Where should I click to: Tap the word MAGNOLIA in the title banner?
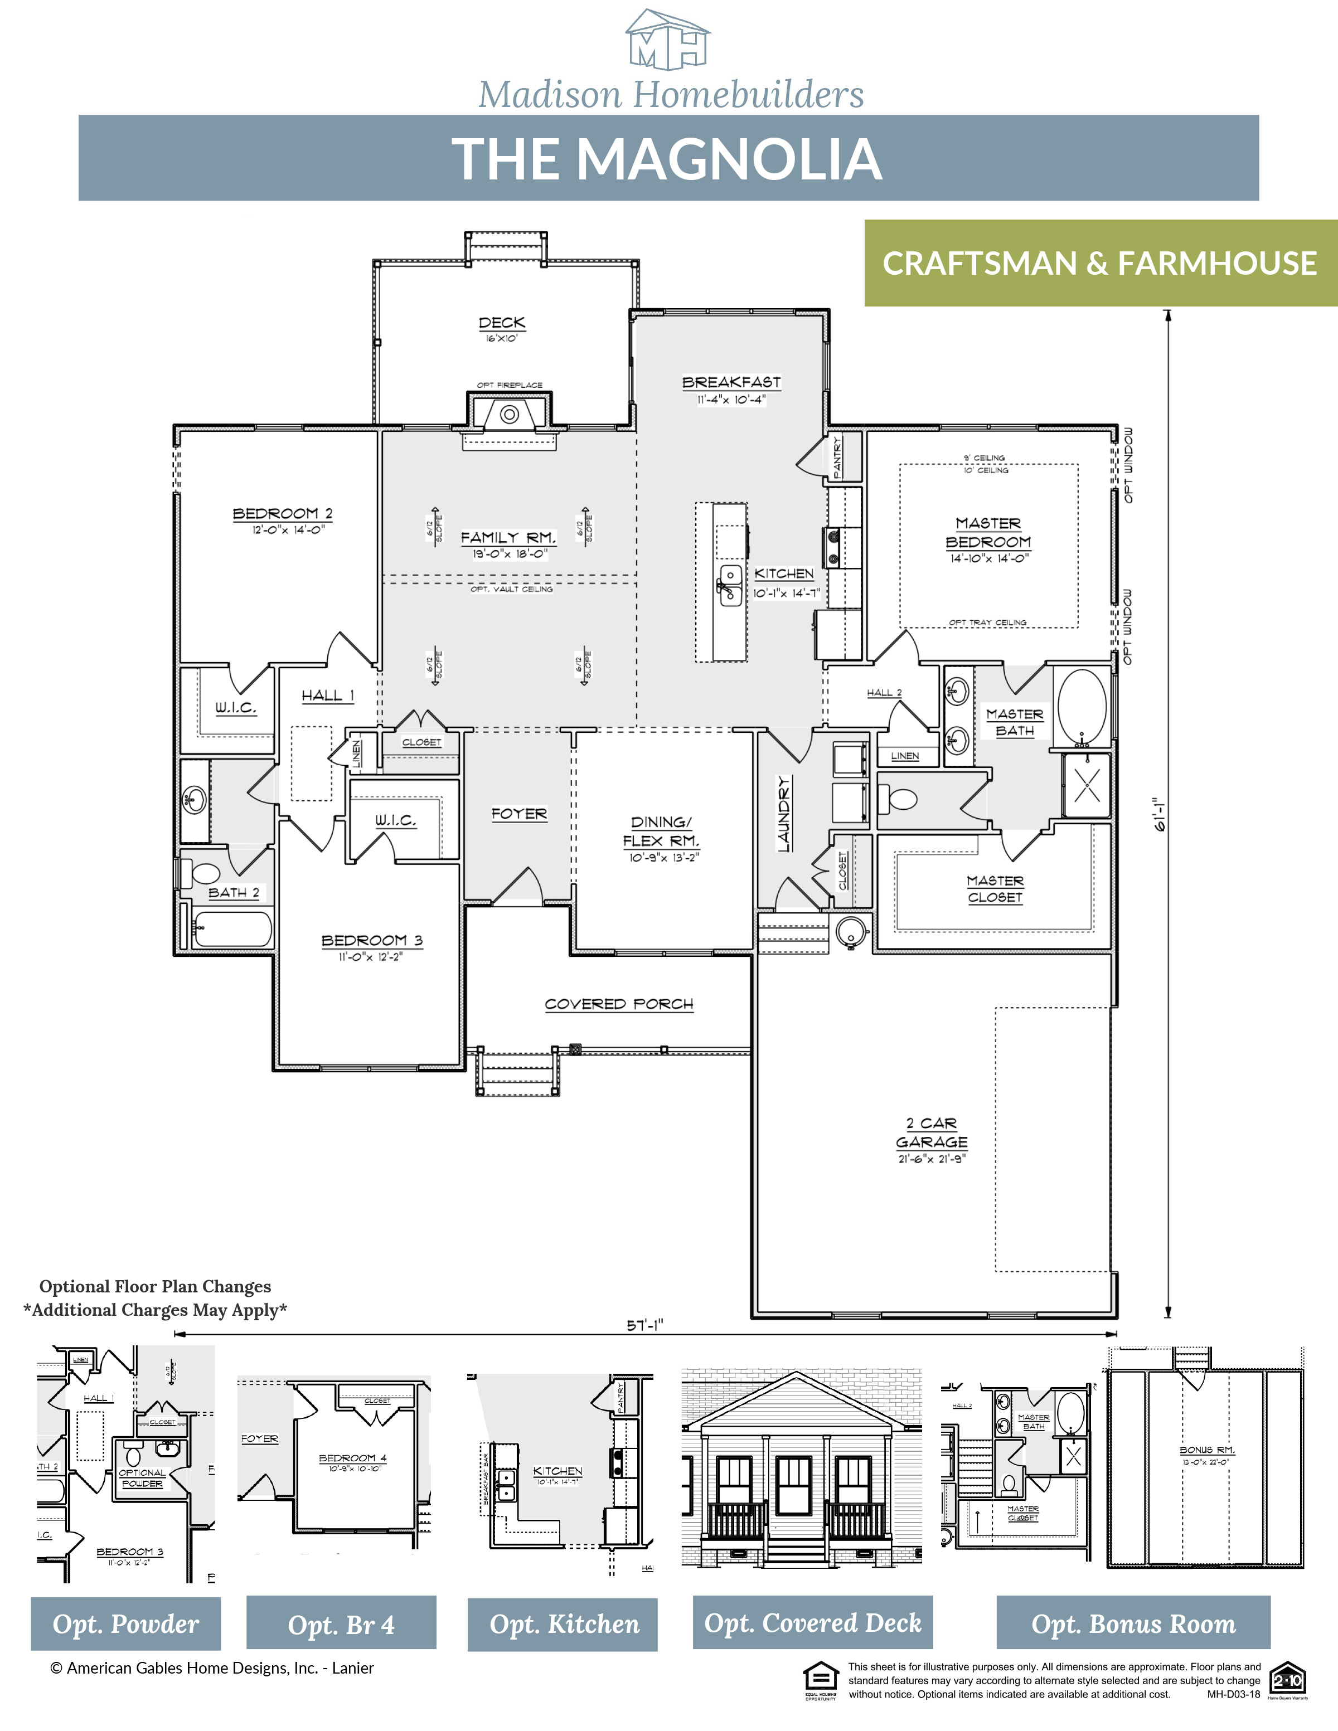[729, 159]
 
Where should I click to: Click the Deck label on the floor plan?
[502, 323]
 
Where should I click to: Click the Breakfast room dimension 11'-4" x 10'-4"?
[731, 400]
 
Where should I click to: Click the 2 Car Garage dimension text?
[932, 1159]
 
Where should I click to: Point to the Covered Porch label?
[619, 1004]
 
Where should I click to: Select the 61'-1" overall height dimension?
[1161, 814]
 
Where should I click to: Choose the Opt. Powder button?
[125, 1624]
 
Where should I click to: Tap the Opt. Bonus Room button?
[1133, 1624]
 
